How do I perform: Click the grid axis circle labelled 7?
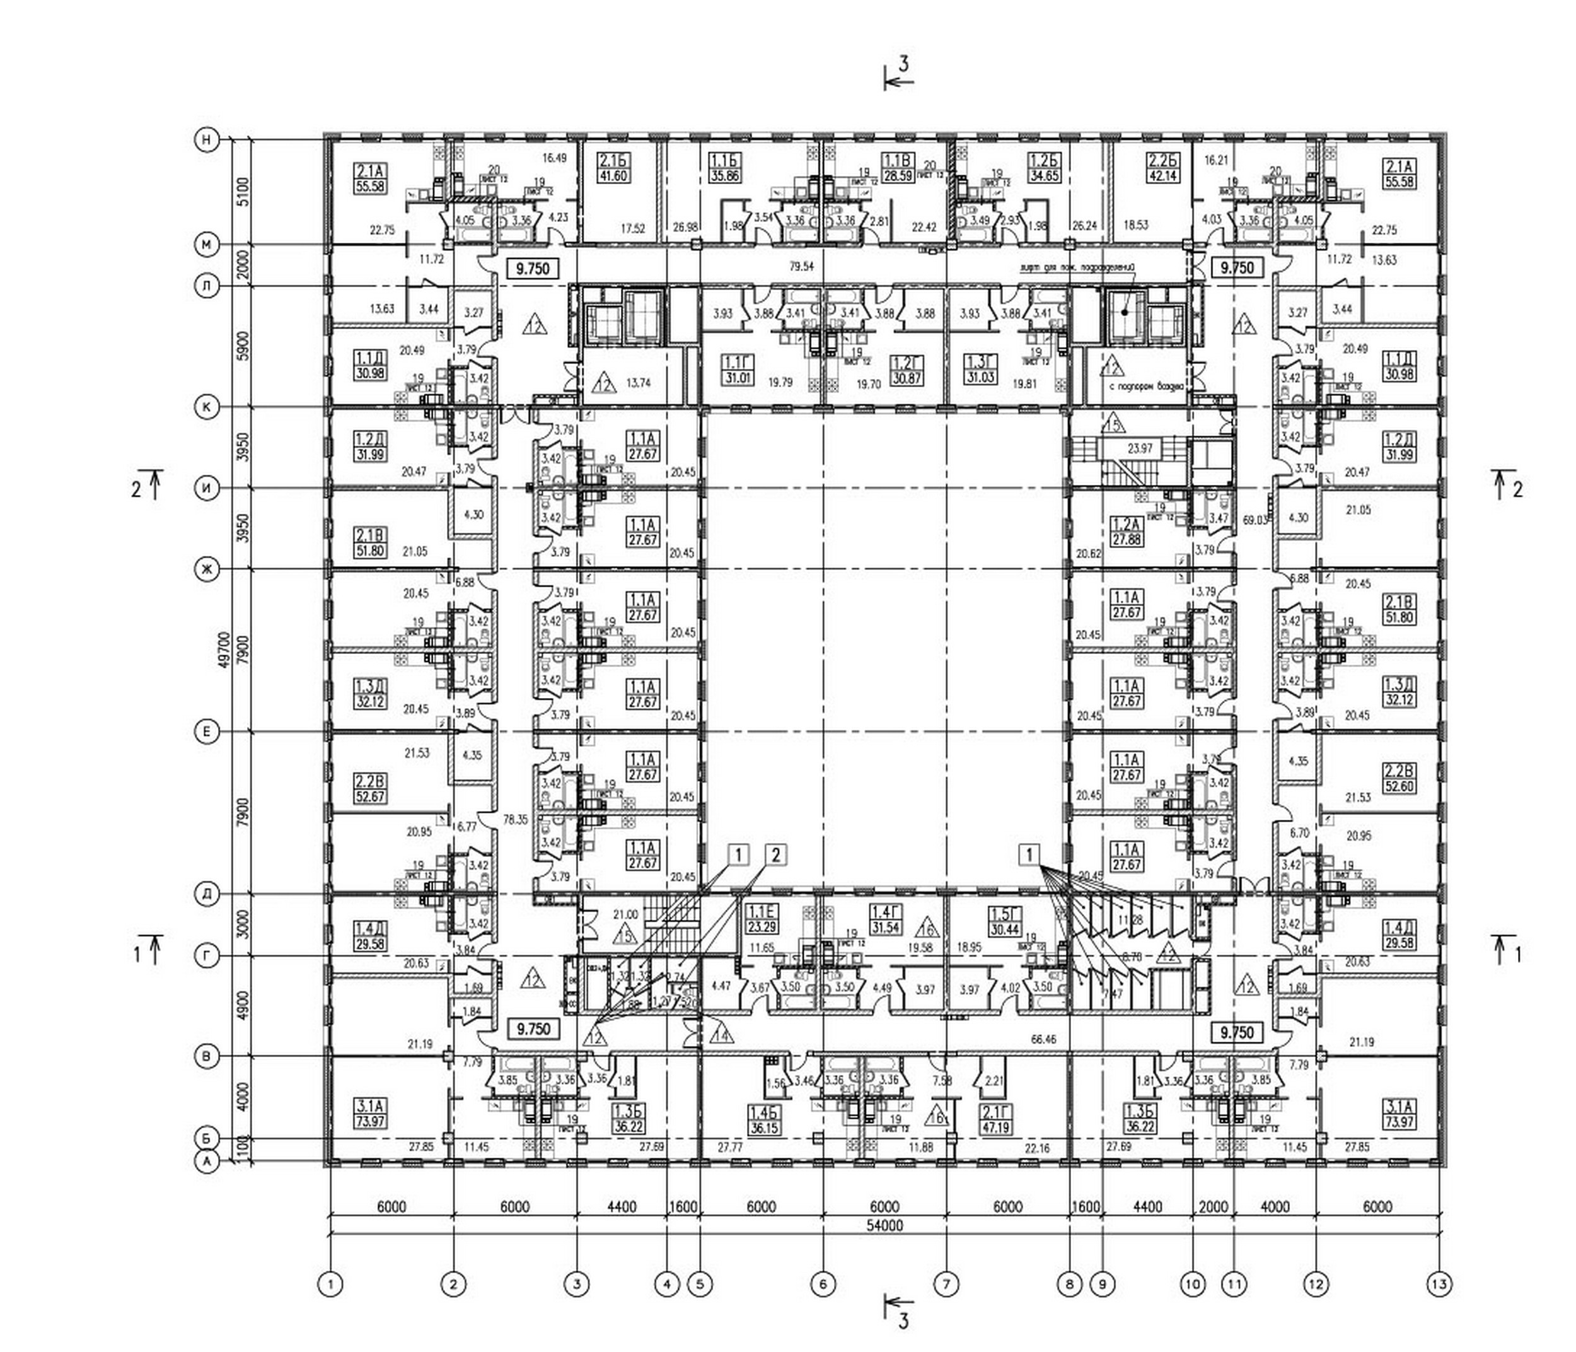947,1285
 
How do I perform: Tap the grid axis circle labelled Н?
206,139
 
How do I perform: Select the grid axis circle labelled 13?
1439,1285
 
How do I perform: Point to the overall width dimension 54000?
884,1226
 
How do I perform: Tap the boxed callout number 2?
775,854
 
